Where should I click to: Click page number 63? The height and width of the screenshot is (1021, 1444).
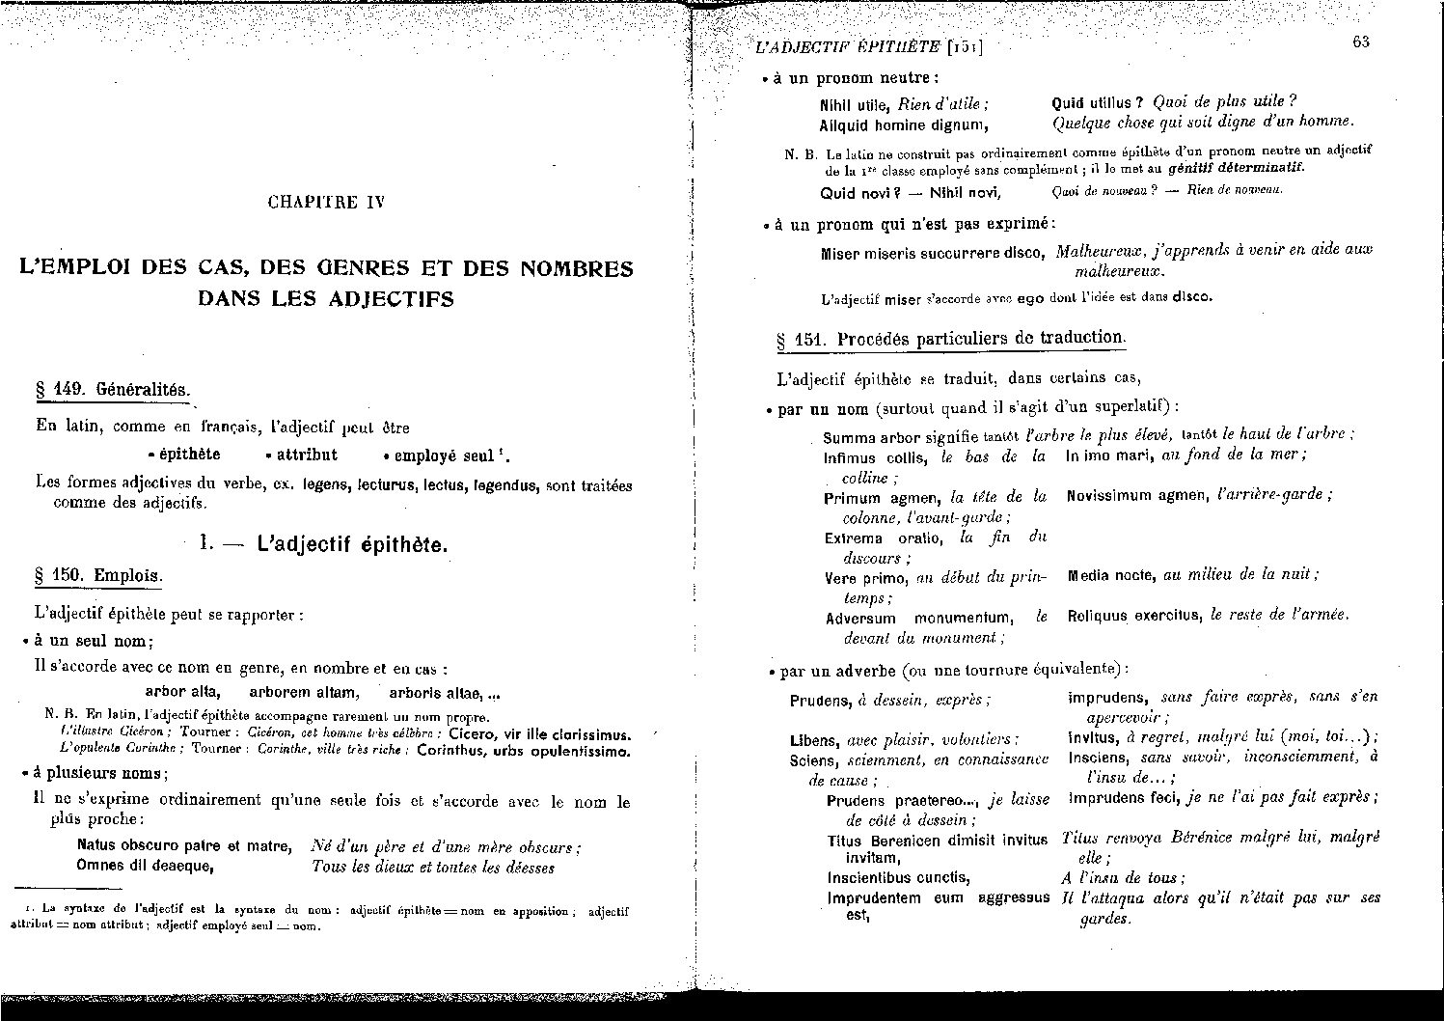pyautogui.click(x=1361, y=41)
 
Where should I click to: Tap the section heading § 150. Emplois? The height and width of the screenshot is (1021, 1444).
pyautogui.click(x=98, y=576)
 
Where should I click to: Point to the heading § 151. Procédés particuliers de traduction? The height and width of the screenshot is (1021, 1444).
pyautogui.click(x=951, y=339)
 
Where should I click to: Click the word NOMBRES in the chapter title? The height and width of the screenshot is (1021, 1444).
pyautogui.click(x=576, y=268)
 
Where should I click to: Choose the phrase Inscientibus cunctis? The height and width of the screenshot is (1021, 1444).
pyautogui.click(x=885, y=877)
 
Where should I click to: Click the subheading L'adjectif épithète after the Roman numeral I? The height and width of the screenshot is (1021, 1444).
pyautogui.click(x=352, y=545)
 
